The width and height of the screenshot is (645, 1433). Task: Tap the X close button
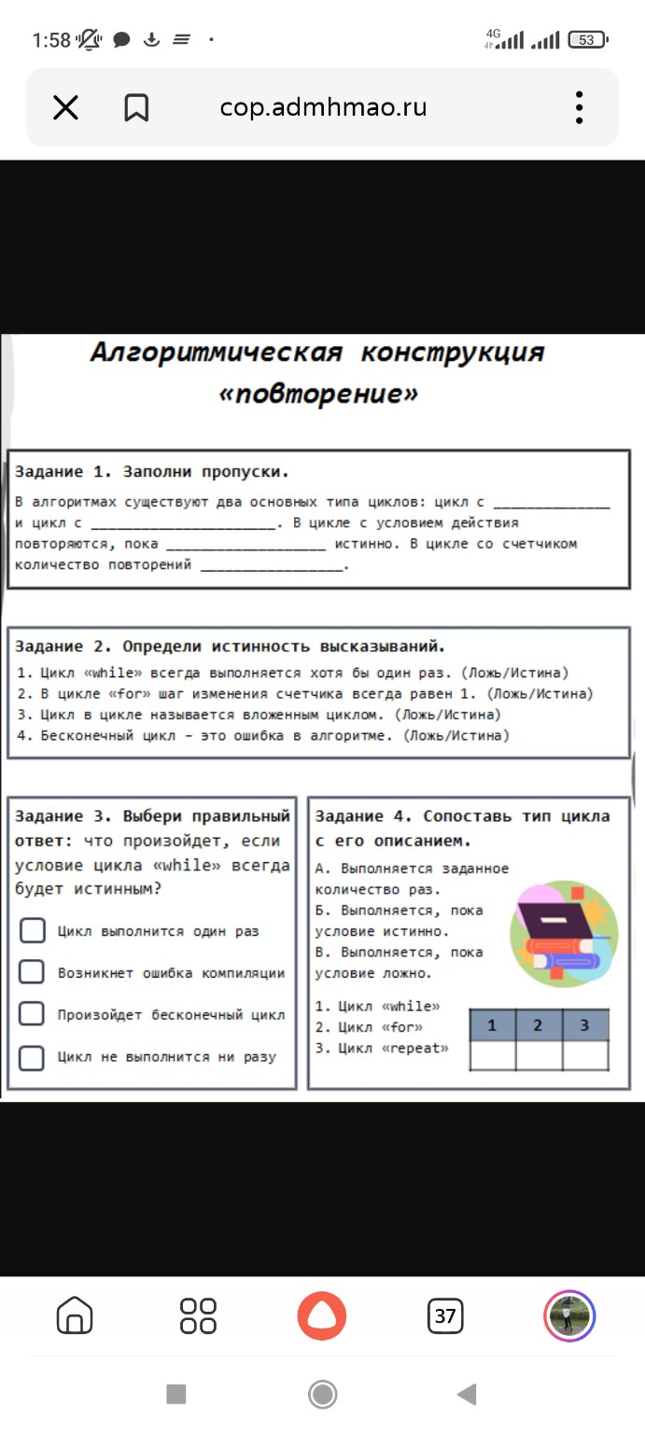pos(65,108)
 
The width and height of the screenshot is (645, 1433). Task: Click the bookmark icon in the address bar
pos(136,108)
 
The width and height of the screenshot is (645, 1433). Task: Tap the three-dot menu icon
pos(580,108)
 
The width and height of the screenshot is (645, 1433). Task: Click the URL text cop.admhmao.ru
pos(323,107)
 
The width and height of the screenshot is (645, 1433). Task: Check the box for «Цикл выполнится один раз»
pos(32,930)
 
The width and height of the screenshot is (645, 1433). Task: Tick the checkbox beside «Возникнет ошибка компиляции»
pos(32,972)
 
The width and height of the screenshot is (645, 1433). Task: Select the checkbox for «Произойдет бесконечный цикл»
pos(32,1014)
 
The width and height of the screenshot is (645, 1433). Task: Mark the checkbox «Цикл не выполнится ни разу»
pos(32,1057)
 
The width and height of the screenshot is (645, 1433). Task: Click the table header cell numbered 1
pos(492,1026)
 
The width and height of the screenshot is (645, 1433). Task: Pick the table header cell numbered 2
pos(539,1026)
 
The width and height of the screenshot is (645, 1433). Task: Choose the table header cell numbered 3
pos(585,1026)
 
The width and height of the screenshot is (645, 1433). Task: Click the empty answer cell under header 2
pos(539,1056)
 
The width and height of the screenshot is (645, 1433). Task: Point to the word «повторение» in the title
pos(317,394)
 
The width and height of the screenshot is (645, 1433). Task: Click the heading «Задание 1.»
pos(63,471)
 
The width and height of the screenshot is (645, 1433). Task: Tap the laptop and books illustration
pos(561,928)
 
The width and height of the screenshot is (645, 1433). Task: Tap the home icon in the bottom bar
pos(75,1315)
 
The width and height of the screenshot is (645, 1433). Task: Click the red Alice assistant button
pos(322,1315)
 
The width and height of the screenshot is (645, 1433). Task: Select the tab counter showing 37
pos(445,1316)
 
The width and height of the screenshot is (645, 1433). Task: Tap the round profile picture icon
pos(569,1315)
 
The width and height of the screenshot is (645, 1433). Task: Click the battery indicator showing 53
pos(587,40)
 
